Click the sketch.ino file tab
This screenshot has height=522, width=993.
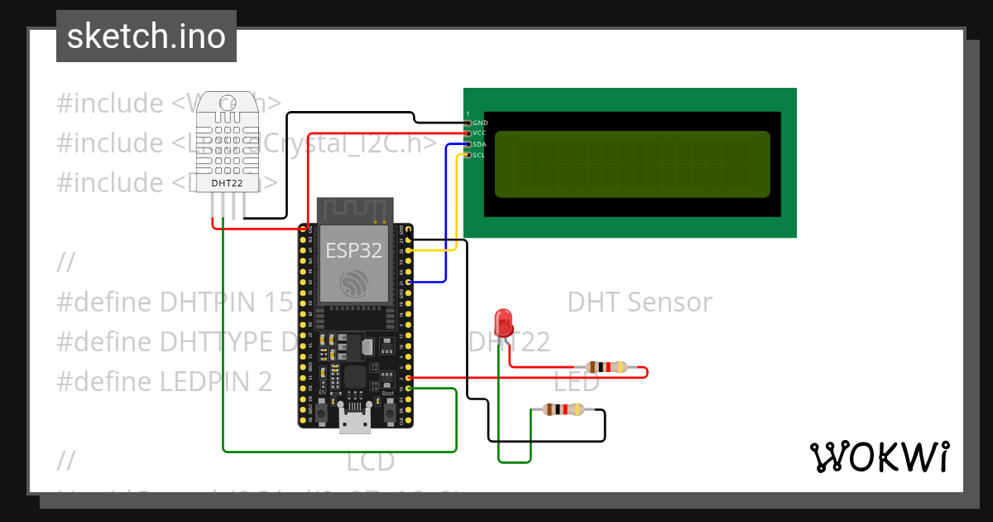pos(146,36)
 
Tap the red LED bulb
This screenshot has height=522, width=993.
pos(502,321)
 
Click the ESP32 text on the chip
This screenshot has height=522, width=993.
pos(354,250)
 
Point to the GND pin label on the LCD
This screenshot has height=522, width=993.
pos(479,123)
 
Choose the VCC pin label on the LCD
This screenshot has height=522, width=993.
pos(479,133)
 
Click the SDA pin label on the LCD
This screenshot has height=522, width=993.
pos(479,144)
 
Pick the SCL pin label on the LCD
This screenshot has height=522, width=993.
pos(479,155)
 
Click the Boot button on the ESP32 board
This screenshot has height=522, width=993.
pos(388,412)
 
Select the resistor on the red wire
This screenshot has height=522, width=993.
pos(608,367)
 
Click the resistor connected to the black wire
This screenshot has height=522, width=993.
pos(564,409)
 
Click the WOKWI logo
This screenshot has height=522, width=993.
pos(879,457)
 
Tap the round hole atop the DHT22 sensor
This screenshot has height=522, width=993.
pos(227,104)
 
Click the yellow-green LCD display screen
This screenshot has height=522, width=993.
pos(632,164)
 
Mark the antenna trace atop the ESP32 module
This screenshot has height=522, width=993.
pos(355,210)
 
